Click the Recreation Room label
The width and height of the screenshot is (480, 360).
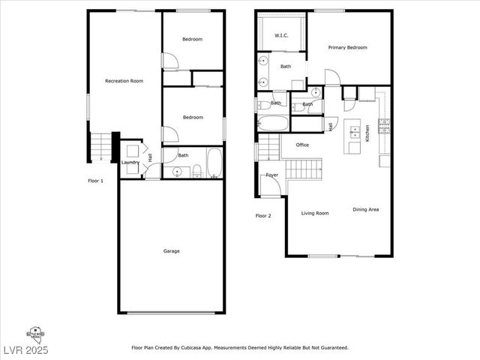[124, 81]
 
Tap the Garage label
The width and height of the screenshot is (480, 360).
[171, 251]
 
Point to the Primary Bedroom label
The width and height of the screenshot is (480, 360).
[348, 48]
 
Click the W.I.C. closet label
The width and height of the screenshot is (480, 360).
[282, 35]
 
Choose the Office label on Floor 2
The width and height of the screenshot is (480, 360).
[302, 145]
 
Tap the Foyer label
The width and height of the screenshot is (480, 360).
[271, 175]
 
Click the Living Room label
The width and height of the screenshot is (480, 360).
[315, 214]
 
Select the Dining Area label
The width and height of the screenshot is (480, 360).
[365, 210]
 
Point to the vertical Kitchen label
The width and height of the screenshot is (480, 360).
[367, 133]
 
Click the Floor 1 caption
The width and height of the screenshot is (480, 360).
[96, 181]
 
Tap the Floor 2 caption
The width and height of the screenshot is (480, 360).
[263, 216]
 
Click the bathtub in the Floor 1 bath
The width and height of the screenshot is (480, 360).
[214, 164]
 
